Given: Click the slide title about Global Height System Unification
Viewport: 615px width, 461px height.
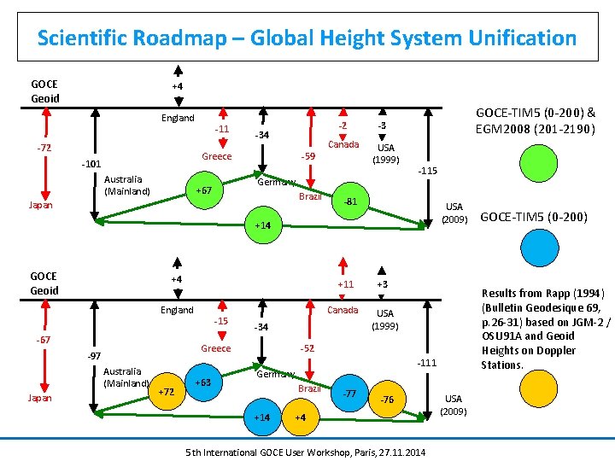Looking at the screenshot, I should click(307, 38).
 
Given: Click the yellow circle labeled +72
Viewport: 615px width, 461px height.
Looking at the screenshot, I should click(168, 391).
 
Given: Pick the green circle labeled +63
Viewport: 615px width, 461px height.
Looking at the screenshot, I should click(203, 382).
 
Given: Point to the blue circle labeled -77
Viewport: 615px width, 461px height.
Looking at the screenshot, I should click(348, 394).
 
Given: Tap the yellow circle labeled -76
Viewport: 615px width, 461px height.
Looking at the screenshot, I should click(386, 400).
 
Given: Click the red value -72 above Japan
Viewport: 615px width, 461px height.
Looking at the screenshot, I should click(44, 148).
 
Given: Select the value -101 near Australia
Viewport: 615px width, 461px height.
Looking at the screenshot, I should click(91, 164).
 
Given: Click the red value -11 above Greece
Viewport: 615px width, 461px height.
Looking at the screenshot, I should click(222, 129).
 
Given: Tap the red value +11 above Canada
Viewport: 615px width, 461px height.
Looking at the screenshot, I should click(345, 284).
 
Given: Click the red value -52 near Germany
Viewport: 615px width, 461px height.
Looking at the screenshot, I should click(307, 348).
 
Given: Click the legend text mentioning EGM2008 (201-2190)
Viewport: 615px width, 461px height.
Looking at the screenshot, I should click(535, 129).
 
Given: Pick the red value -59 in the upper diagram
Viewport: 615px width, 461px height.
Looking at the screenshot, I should click(308, 156).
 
